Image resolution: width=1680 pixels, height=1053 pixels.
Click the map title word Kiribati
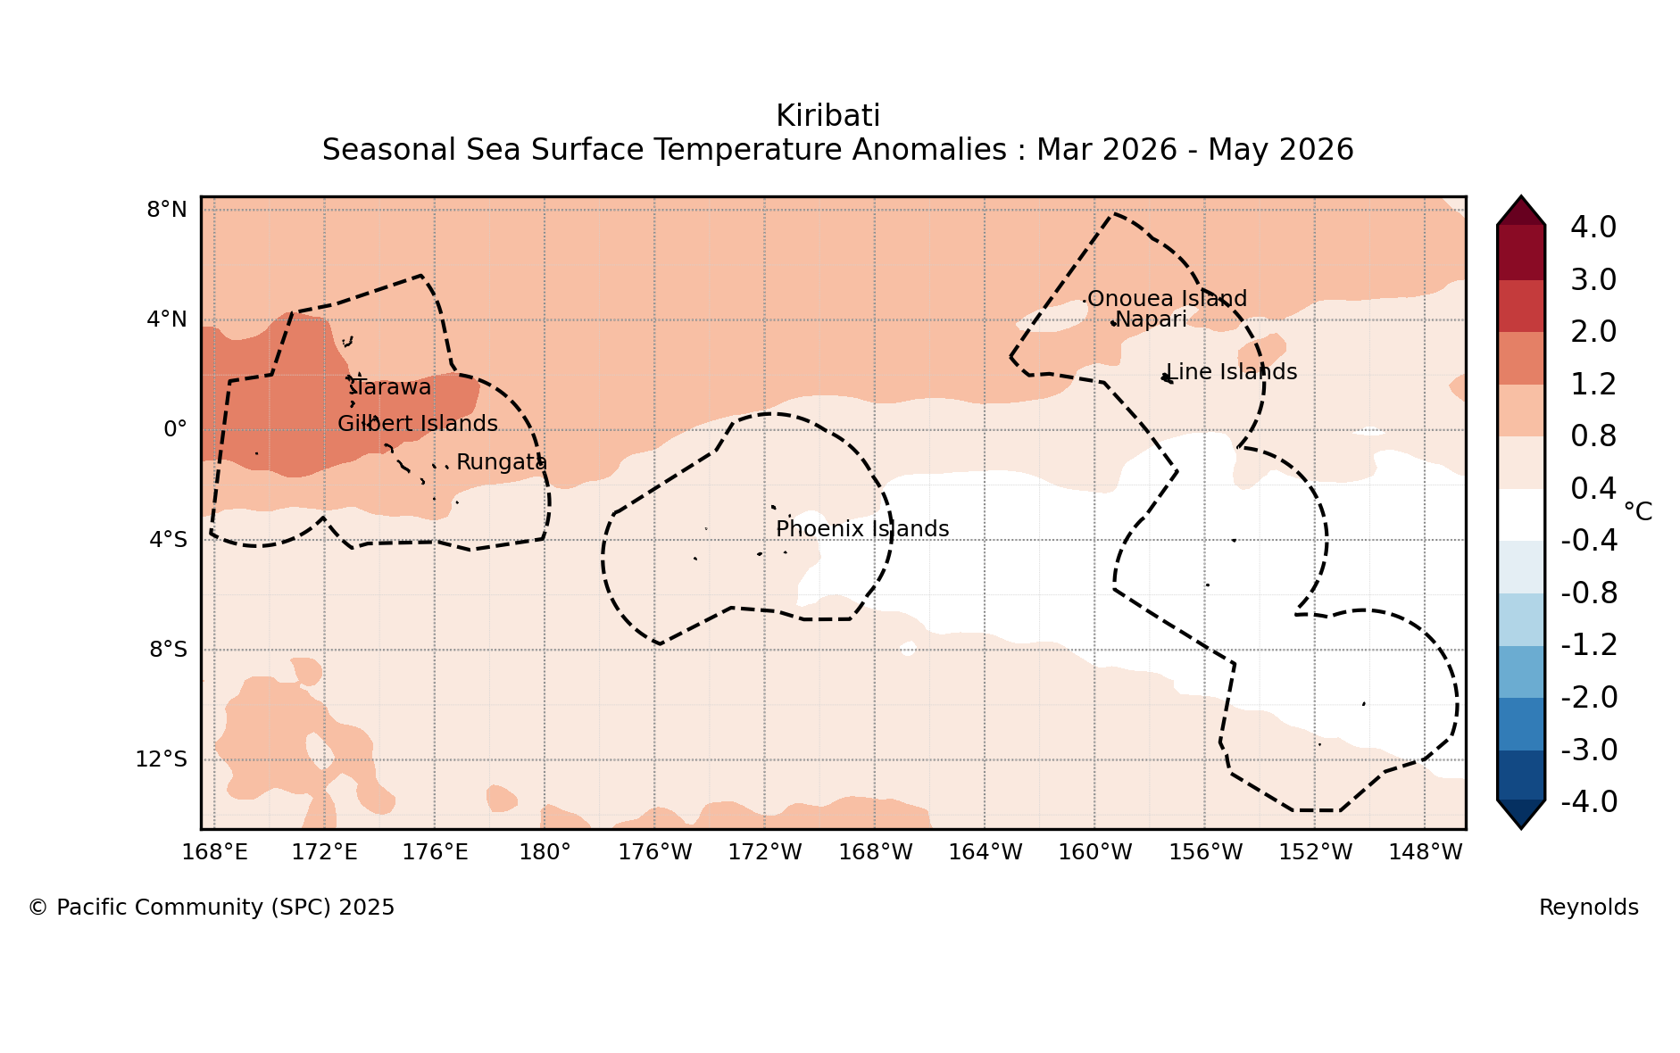pos(828,116)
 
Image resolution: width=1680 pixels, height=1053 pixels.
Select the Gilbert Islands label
pos(418,424)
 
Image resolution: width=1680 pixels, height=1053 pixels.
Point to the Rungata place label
pos(502,462)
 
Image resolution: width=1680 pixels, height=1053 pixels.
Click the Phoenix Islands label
pos(862,529)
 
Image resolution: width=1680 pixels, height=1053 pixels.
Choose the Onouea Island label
pos(1167,299)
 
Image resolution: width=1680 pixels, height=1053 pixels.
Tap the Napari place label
pos(1152,319)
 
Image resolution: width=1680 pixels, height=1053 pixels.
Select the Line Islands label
pos(1232,372)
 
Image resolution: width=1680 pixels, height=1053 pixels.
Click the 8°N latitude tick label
pos(167,210)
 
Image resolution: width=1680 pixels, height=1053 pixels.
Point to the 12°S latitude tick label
pos(162,759)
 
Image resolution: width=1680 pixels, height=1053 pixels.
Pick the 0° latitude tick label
pos(175,429)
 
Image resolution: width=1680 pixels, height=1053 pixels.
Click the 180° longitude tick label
pos(545,852)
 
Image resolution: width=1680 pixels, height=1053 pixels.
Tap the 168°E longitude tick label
pos(214,852)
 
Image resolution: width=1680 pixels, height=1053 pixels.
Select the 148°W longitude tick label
pos(1426,852)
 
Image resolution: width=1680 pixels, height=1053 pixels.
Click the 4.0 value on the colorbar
pos(1593,227)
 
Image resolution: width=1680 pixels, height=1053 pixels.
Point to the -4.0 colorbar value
pos(1589,801)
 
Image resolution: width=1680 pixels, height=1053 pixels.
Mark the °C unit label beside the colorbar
pos(1638,511)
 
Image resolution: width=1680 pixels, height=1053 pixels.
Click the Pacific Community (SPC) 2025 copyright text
pos(212,908)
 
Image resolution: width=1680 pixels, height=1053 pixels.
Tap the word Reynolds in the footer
pos(1589,908)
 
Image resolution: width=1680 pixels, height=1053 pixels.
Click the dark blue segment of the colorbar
pos(1521,775)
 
